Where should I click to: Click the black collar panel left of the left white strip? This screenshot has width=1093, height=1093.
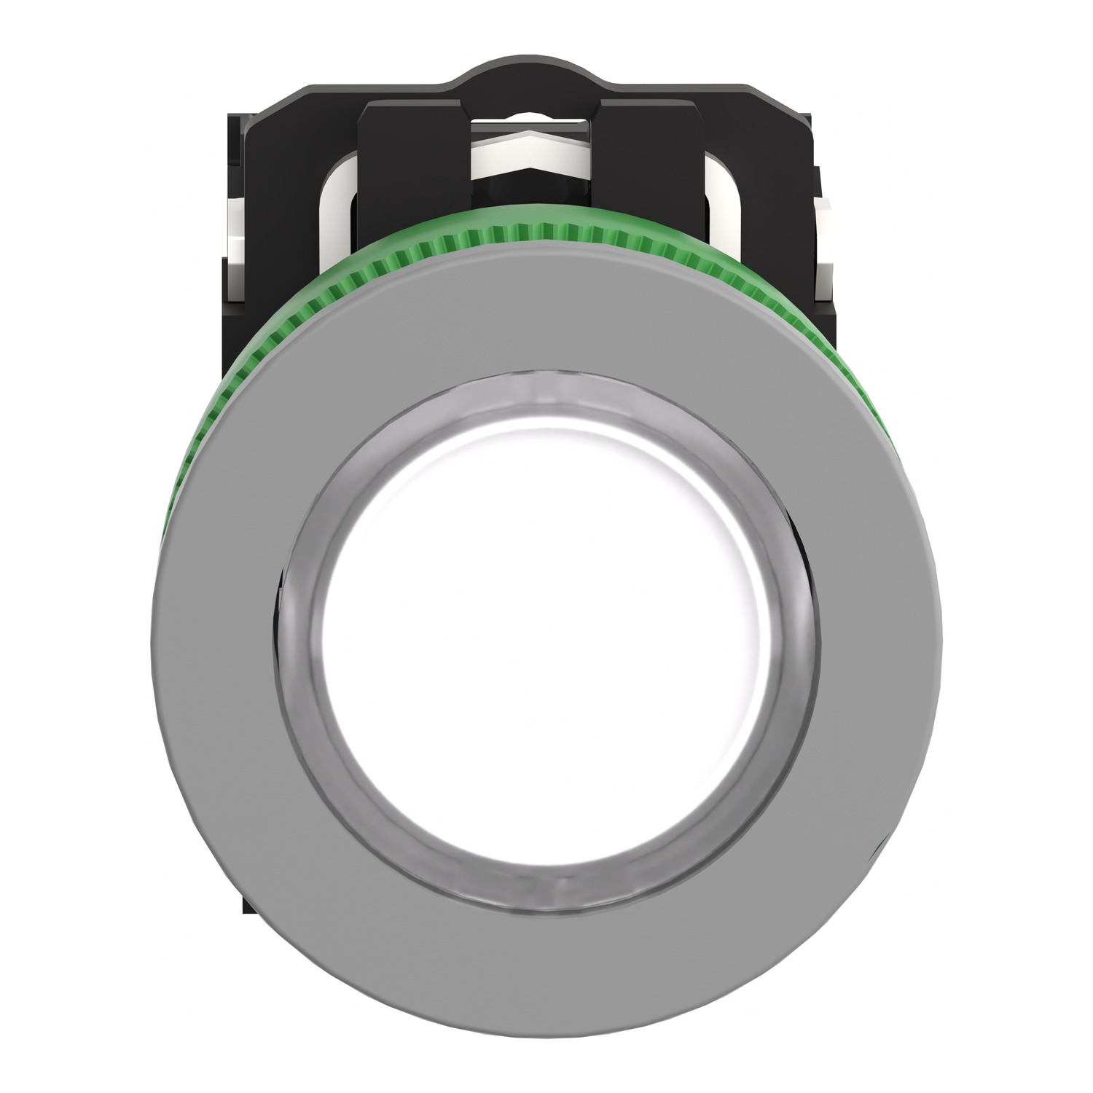pyautogui.click(x=291, y=182)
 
